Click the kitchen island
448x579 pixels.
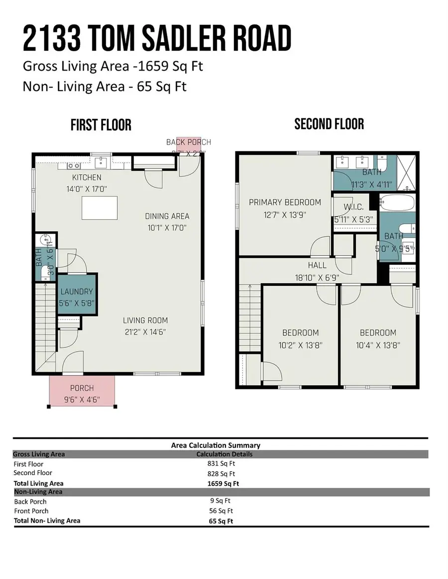coord(100,208)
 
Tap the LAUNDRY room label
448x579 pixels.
coord(77,292)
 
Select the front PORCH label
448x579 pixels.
coord(82,388)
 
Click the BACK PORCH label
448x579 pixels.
coord(189,142)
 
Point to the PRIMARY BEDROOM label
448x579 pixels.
coord(285,202)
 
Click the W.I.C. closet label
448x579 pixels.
coord(353,207)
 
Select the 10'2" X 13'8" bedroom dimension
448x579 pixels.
coord(300,345)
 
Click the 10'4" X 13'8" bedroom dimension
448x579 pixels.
coord(378,345)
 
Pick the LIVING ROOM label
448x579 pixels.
coord(145,321)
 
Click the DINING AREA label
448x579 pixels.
coord(167,216)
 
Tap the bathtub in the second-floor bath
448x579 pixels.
coord(396,203)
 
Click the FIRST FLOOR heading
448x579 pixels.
coord(101,125)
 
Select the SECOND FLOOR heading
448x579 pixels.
coord(329,124)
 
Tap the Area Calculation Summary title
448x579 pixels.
coord(216,445)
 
